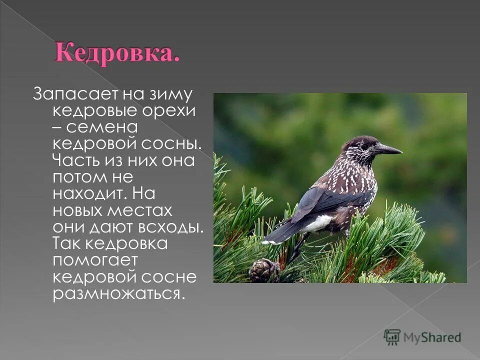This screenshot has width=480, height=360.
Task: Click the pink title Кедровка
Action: [117, 52]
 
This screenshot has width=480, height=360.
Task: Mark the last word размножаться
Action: [115, 293]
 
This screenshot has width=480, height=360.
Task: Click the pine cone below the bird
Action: [264, 270]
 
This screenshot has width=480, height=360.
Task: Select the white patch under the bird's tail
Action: [317, 223]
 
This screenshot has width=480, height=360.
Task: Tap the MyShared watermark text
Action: [432, 337]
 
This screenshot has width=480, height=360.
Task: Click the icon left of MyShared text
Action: [392, 336]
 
